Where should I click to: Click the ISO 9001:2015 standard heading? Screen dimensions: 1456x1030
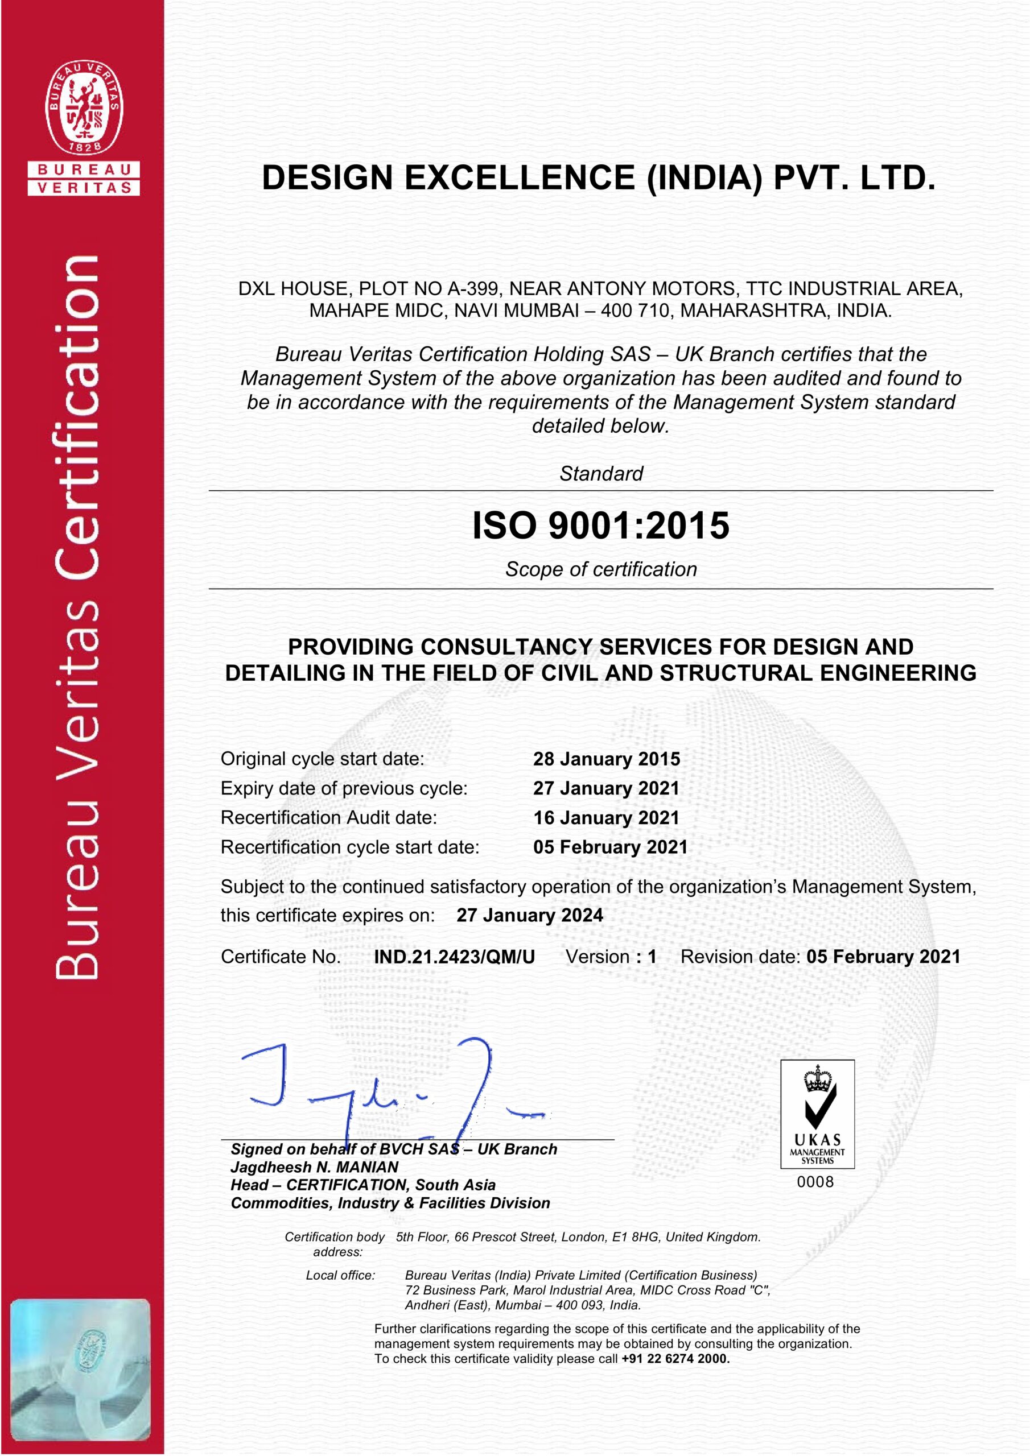click(600, 526)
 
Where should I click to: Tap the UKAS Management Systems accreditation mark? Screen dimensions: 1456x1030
click(817, 1114)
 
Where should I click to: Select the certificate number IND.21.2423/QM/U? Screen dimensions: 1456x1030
click(454, 957)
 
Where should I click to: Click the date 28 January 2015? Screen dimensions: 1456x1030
click(606, 759)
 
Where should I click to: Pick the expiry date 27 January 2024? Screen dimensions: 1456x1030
click(529, 916)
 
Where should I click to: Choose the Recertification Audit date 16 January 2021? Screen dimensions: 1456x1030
click(606, 818)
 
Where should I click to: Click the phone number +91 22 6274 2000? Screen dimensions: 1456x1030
click(675, 1358)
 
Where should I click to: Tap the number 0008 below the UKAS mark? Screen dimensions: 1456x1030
click(815, 1182)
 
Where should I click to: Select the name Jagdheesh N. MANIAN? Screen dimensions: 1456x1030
click(315, 1168)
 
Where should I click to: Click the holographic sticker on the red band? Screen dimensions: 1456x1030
click(81, 1369)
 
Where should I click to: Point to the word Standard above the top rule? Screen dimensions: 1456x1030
click(601, 474)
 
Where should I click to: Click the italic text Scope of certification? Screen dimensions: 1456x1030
click(601, 569)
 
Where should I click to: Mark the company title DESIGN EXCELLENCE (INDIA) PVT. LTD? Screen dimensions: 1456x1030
click(599, 177)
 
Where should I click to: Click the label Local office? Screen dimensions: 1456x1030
click(340, 1275)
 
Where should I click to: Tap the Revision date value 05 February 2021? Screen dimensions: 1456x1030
click(883, 957)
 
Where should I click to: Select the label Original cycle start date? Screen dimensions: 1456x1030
click(323, 759)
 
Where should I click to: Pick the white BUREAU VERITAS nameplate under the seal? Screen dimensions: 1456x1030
click(84, 179)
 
